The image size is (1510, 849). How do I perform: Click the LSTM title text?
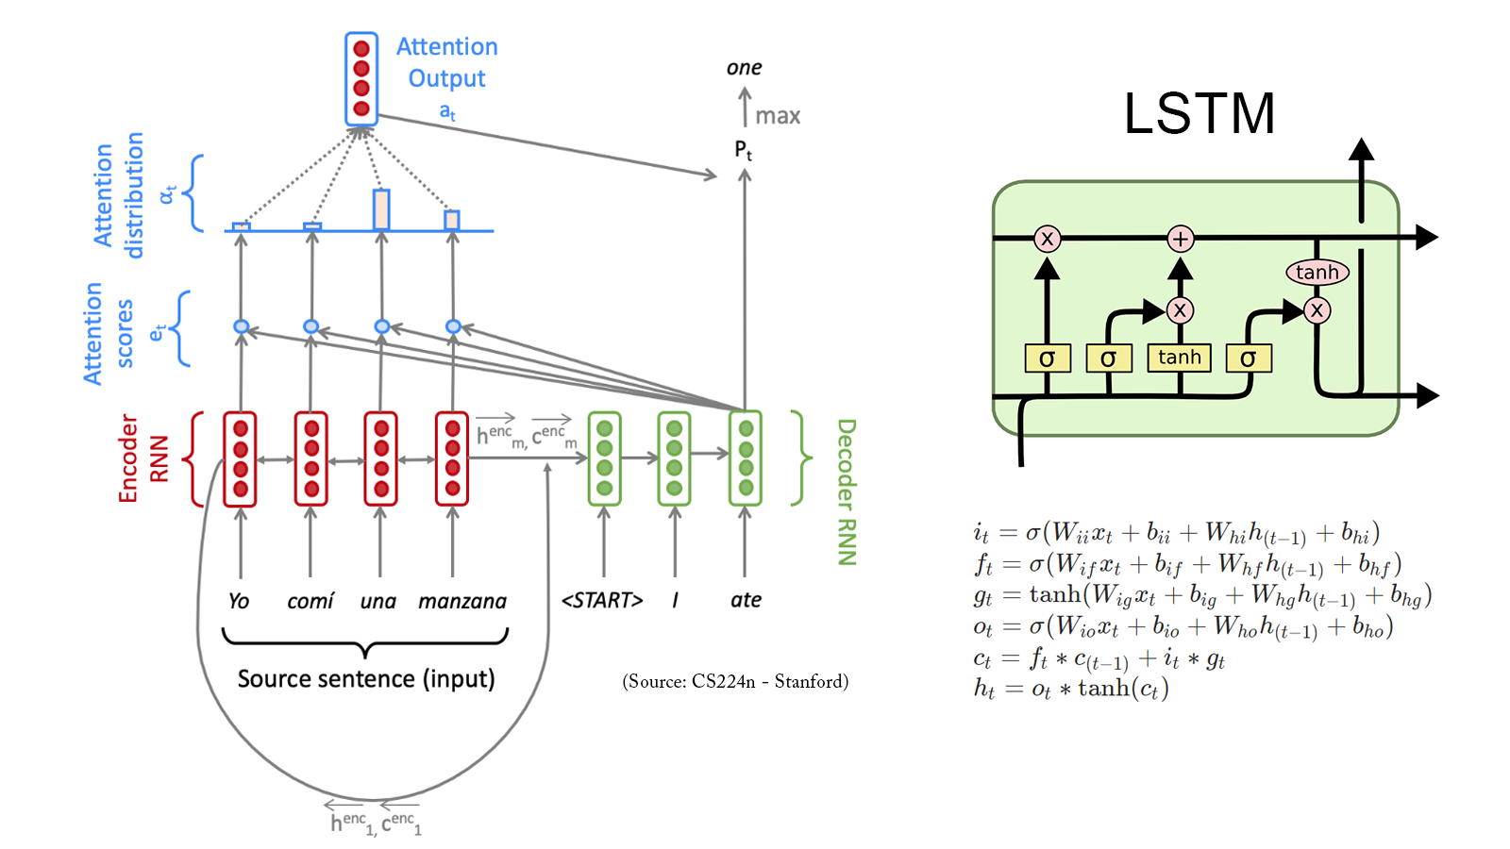[x=1199, y=113]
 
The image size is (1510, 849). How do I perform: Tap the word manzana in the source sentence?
[x=462, y=601]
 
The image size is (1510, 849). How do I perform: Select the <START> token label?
[x=602, y=600]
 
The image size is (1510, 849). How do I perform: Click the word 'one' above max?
[x=744, y=68]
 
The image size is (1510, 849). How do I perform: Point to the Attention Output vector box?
[x=361, y=79]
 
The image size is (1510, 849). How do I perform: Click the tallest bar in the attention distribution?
[x=381, y=209]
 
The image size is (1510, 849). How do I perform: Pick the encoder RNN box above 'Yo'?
[x=241, y=458]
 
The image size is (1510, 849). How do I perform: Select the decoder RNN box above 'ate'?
[x=746, y=458]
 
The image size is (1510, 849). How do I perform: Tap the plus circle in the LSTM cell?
[x=1180, y=239]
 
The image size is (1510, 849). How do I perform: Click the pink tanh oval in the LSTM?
[x=1317, y=273]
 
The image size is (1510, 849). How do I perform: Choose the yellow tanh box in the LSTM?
[x=1180, y=358]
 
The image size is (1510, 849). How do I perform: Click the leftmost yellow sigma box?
[x=1047, y=358]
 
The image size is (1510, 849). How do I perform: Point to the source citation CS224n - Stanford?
[x=735, y=681]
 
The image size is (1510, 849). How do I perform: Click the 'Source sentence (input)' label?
[x=366, y=678]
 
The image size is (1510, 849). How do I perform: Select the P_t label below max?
[x=744, y=150]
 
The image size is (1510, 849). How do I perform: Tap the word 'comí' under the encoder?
[x=310, y=601]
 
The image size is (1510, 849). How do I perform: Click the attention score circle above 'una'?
[x=381, y=326]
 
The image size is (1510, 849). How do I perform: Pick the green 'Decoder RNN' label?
[x=847, y=491]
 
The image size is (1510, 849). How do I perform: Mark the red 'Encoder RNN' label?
[x=143, y=458]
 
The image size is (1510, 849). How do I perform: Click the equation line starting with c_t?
[x=1099, y=658]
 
